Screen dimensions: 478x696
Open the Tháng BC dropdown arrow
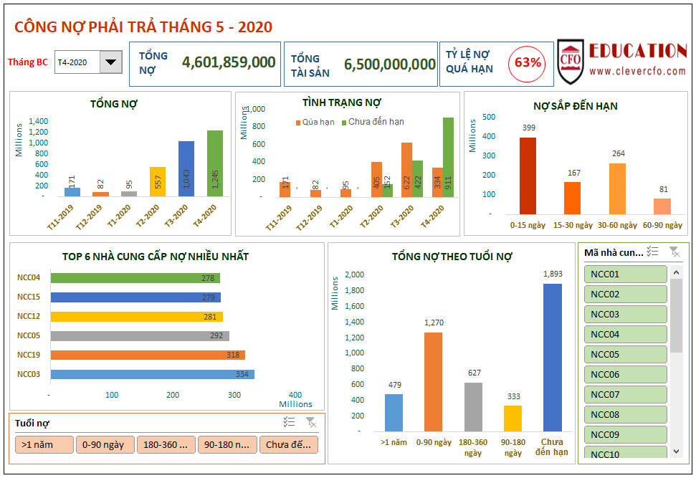(x=110, y=62)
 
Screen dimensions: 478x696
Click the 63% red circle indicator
(x=528, y=63)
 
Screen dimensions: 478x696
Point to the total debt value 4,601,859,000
(x=229, y=62)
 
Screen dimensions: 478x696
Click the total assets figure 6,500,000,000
(x=389, y=64)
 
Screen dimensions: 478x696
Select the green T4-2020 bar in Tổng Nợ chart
(x=215, y=163)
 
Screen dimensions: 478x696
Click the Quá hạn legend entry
(x=315, y=122)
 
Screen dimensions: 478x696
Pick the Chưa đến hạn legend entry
(x=372, y=122)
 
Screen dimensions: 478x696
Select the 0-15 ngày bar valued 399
(x=528, y=176)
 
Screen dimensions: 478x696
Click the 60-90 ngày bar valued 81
(x=662, y=206)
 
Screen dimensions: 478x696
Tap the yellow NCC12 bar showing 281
(x=136, y=316)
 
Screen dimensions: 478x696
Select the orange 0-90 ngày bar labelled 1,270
(x=433, y=381)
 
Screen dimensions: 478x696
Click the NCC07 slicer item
(x=625, y=394)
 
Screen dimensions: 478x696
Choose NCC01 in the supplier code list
(x=625, y=274)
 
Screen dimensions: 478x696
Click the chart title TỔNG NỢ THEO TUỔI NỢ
(x=452, y=256)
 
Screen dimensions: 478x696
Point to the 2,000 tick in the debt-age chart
(x=354, y=274)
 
